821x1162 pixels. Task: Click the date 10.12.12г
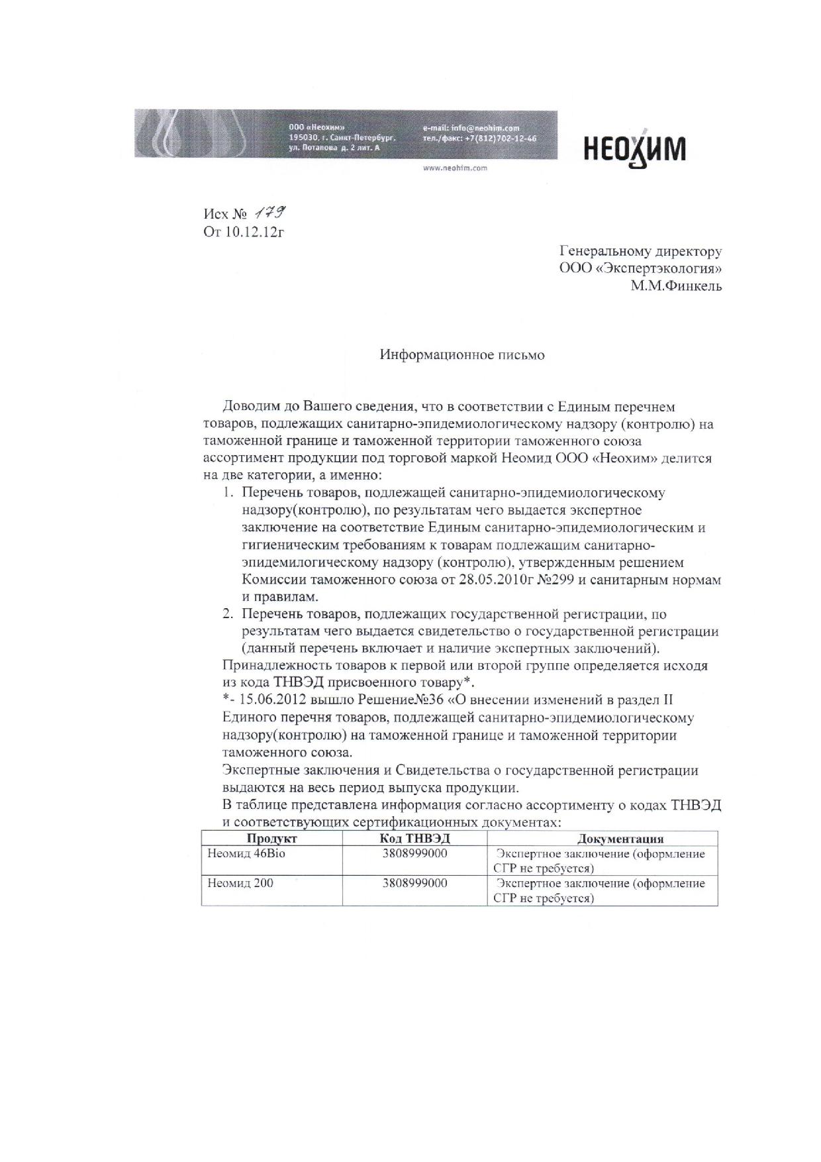click(x=258, y=232)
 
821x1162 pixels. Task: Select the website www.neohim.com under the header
click(x=455, y=168)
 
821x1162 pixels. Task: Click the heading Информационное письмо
click(x=462, y=355)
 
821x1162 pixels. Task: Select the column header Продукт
click(x=271, y=839)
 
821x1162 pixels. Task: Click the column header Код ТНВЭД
click(x=414, y=839)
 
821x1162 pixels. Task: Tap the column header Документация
click(x=620, y=839)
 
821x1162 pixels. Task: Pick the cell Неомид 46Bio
click(x=246, y=854)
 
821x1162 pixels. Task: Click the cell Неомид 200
click(x=240, y=883)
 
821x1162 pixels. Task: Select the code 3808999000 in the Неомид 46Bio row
click(x=414, y=854)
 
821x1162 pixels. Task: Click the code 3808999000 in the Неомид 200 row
click(x=414, y=883)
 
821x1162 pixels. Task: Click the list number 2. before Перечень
click(x=227, y=614)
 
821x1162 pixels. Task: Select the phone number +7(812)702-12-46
click(x=500, y=138)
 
